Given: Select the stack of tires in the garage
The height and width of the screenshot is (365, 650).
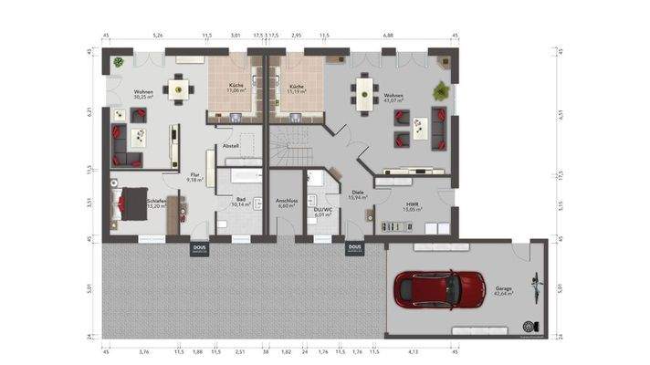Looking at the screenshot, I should tap(527, 325).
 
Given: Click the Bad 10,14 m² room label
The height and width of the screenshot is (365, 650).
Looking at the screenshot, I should tap(240, 202).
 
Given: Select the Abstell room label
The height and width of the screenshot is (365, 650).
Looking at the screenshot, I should tap(231, 145).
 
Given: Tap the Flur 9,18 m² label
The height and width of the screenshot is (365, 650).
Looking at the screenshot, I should tap(194, 177).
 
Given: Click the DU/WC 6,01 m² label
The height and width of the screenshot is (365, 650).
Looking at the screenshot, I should tap(321, 212).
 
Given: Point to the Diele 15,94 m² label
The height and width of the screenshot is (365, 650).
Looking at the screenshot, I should tap(357, 193).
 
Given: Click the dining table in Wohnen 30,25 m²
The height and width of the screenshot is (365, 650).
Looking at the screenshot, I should tap(178, 89).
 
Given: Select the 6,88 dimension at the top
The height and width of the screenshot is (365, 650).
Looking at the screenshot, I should tap(388, 36).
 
